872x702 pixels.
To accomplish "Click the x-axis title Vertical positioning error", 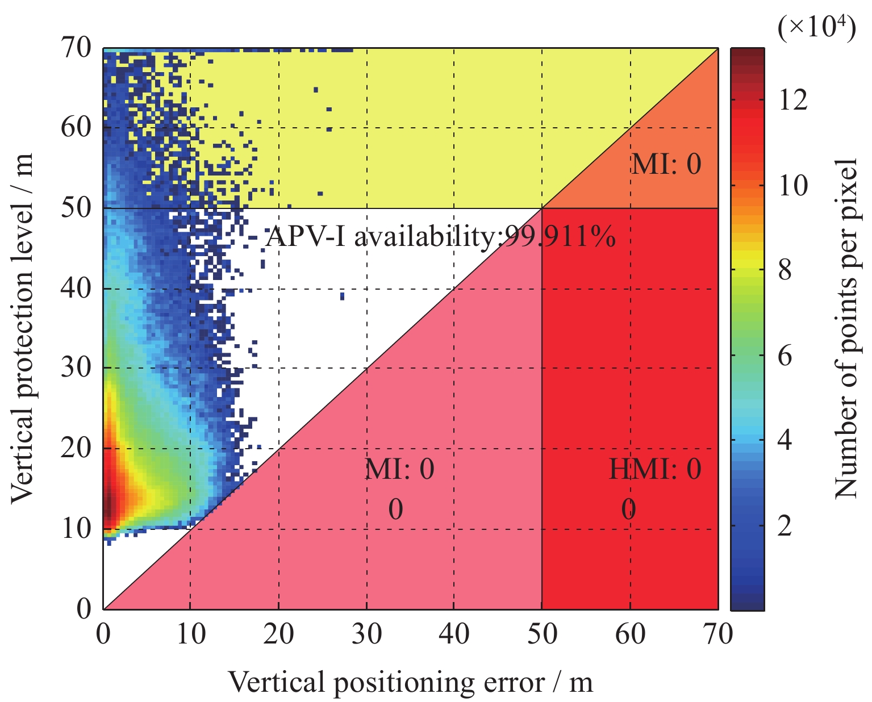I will point(410,682).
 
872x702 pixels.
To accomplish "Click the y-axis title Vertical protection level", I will point(23,328).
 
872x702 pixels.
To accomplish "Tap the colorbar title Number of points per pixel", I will point(846,328).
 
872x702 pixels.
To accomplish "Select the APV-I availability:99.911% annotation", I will point(441,236).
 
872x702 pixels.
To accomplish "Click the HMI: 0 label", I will point(655,469).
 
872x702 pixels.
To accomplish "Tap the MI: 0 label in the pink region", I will point(399,469).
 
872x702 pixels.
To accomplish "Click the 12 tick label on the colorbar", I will point(792,101).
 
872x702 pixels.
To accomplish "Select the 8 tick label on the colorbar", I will point(785,271).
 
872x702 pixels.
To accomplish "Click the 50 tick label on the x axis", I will point(542,633).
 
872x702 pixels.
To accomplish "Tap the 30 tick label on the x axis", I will point(366,633).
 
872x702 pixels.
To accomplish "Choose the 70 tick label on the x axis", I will point(717,633).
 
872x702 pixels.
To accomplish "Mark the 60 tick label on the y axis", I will point(76,127).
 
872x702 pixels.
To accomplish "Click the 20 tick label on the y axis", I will point(76,448).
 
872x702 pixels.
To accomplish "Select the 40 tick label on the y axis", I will point(76,288).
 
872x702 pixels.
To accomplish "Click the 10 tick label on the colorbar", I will point(792,186).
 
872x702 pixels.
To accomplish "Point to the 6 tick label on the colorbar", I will point(785,356).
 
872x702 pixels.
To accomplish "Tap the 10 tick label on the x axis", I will point(190,633).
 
